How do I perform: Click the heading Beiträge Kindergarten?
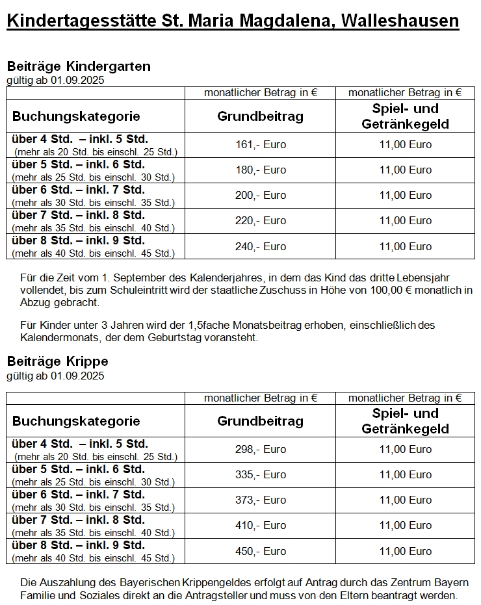point(79,66)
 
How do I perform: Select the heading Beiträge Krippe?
point(57,361)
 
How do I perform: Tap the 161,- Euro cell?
point(260,144)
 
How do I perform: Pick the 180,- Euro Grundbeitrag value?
point(260,170)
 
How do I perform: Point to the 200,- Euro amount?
point(260,195)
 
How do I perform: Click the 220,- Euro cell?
point(260,220)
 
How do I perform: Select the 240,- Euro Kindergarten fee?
point(260,246)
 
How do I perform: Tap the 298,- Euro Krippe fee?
point(260,449)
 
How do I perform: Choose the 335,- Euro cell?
point(260,474)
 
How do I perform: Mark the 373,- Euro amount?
point(260,500)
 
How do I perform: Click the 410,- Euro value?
point(260,525)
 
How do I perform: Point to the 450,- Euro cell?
point(260,551)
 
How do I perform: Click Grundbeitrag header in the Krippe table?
point(260,421)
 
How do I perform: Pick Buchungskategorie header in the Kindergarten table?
point(76,116)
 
